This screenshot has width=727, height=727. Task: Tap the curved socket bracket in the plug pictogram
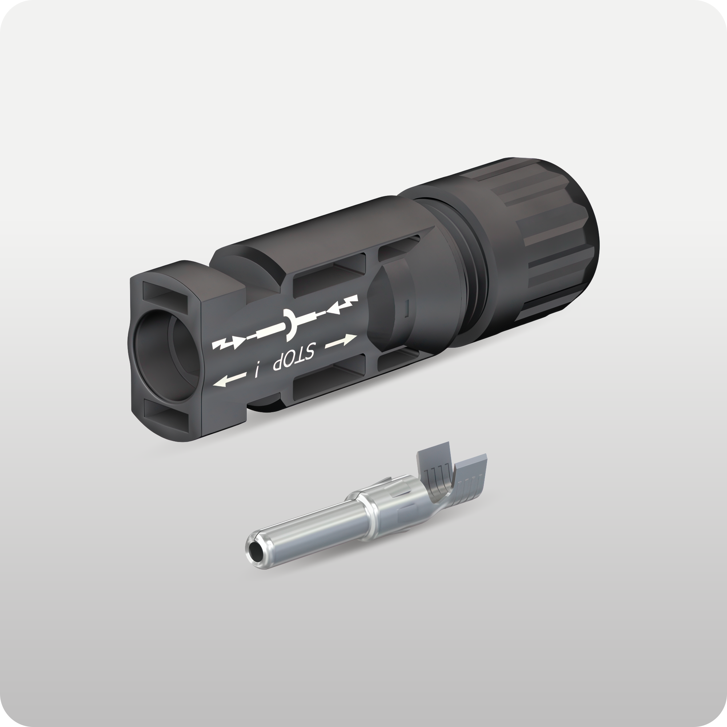coord(291,322)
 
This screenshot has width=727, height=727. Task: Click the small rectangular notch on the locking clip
coord(407,309)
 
